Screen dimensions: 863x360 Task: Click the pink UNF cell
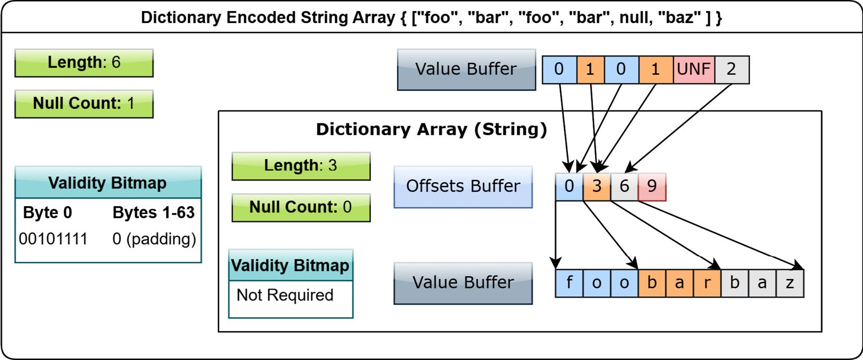pyautogui.click(x=694, y=70)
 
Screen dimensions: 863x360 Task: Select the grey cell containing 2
pyautogui.click(x=732, y=70)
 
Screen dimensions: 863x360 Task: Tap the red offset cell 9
pyautogui.click(x=652, y=187)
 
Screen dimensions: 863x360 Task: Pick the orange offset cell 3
pyautogui.click(x=597, y=187)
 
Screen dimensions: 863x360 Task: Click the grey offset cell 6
pyautogui.click(x=624, y=187)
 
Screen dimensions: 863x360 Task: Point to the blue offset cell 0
pyautogui.click(x=569, y=187)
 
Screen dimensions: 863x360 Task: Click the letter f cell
pyautogui.click(x=570, y=283)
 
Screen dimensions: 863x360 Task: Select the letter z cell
pyautogui.click(x=790, y=283)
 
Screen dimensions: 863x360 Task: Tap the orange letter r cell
pyautogui.click(x=707, y=283)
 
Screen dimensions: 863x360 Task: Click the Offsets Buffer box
pyautogui.click(x=463, y=187)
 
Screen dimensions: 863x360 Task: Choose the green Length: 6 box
pyautogui.click(x=84, y=63)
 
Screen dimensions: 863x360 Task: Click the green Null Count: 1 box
pyautogui.click(x=84, y=104)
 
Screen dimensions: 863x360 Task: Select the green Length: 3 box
pyautogui.click(x=301, y=166)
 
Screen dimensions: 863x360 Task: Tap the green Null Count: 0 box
pyautogui.click(x=301, y=207)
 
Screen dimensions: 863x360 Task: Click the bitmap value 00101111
pyautogui.click(x=53, y=239)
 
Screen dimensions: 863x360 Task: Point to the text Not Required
pyautogui.click(x=285, y=295)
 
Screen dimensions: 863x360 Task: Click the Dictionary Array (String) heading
pyautogui.click(x=432, y=130)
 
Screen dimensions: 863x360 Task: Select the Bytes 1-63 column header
pyautogui.click(x=154, y=213)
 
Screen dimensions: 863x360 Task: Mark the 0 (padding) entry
pyautogui.click(x=154, y=239)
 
